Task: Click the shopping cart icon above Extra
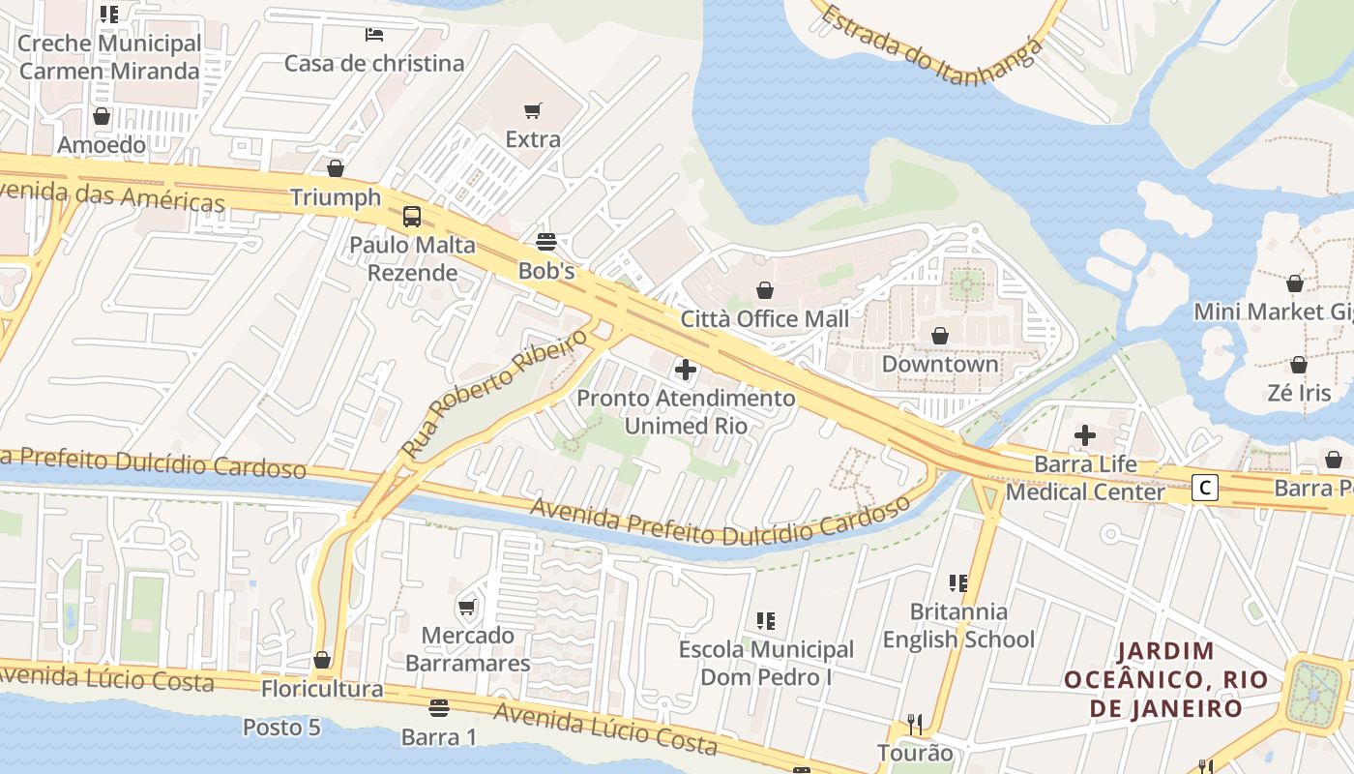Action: click(532, 110)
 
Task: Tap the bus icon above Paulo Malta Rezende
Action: click(412, 216)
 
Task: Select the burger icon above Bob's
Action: click(546, 242)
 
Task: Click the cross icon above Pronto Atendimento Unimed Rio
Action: click(686, 369)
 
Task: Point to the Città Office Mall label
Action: click(765, 318)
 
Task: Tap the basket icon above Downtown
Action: click(939, 336)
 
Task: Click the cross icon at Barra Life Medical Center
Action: click(1085, 435)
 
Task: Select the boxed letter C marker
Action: click(1204, 488)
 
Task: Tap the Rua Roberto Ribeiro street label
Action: click(494, 392)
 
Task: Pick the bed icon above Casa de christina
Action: click(374, 35)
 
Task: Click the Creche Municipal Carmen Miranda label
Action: click(109, 57)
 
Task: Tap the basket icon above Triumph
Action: click(336, 169)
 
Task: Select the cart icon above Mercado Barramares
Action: click(467, 608)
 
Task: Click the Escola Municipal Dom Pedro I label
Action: click(766, 663)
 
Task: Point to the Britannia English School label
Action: click(958, 625)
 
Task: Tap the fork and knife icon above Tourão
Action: click(914, 724)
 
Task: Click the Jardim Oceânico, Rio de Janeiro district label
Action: click(1165, 679)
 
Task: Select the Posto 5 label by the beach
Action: click(280, 727)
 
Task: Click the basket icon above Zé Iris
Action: click(1299, 365)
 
